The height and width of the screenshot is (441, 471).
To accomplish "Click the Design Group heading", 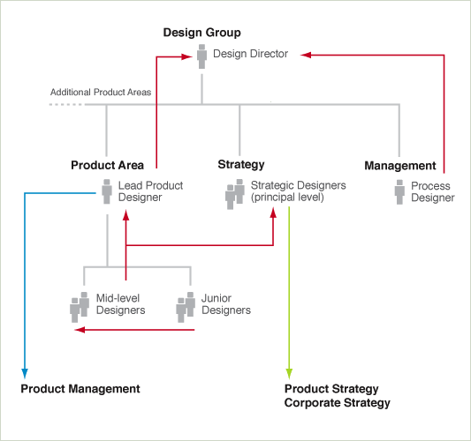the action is (x=201, y=33).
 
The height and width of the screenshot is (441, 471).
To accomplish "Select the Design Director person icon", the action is (x=201, y=56).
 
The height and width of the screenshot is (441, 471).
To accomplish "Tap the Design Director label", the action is (x=250, y=54).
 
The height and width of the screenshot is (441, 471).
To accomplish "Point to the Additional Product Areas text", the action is (x=101, y=92).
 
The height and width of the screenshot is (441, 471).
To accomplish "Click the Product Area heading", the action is (x=107, y=165).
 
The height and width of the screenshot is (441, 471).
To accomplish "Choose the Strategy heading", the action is (x=241, y=165).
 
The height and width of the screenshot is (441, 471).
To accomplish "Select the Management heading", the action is (x=400, y=166).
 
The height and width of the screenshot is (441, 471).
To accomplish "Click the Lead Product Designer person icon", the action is (x=107, y=191).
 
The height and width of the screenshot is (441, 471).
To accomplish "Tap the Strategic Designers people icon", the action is (x=234, y=194).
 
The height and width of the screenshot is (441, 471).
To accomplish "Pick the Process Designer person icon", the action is (x=399, y=192).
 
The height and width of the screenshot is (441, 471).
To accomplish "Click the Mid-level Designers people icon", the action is (x=80, y=307).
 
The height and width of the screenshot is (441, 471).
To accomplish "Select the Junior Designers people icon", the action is (x=186, y=307).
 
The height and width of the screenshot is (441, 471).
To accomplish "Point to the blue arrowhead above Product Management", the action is (x=25, y=374).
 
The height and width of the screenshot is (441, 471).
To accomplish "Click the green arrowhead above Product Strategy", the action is (x=289, y=374).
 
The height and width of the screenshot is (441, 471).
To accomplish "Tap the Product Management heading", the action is (x=80, y=389).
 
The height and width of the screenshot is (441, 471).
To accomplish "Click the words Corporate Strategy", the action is (x=337, y=403).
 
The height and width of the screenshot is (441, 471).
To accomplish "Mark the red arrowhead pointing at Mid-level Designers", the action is (x=80, y=330).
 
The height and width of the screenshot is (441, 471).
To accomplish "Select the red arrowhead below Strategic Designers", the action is (x=273, y=213).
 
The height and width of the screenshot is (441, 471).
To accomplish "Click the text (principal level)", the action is (x=287, y=198).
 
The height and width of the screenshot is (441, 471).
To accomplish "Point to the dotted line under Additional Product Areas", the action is (x=65, y=105).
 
